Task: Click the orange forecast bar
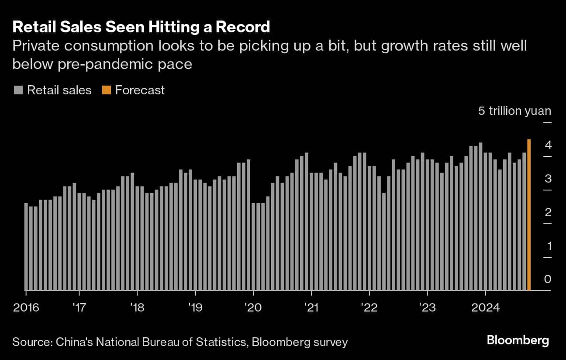(529, 215)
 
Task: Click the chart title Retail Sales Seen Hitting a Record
(141, 27)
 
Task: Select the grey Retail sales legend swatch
(18, 90)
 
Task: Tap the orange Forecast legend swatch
(106, 90)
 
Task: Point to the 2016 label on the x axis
(26, 308)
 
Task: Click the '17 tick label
(79, 308)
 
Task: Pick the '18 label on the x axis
(137, 308)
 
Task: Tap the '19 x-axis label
(195, 308)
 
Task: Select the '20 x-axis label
(253, 308)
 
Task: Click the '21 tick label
(311, 308)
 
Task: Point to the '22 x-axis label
(369, 308)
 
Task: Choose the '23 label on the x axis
(427, 308)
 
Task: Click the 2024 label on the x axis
(485, 308)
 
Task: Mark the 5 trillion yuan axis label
(514, 111)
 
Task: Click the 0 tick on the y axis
(548, 279)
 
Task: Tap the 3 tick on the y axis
(548, 179)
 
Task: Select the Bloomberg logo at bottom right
(518, 340)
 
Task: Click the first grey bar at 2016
(26, 246)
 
